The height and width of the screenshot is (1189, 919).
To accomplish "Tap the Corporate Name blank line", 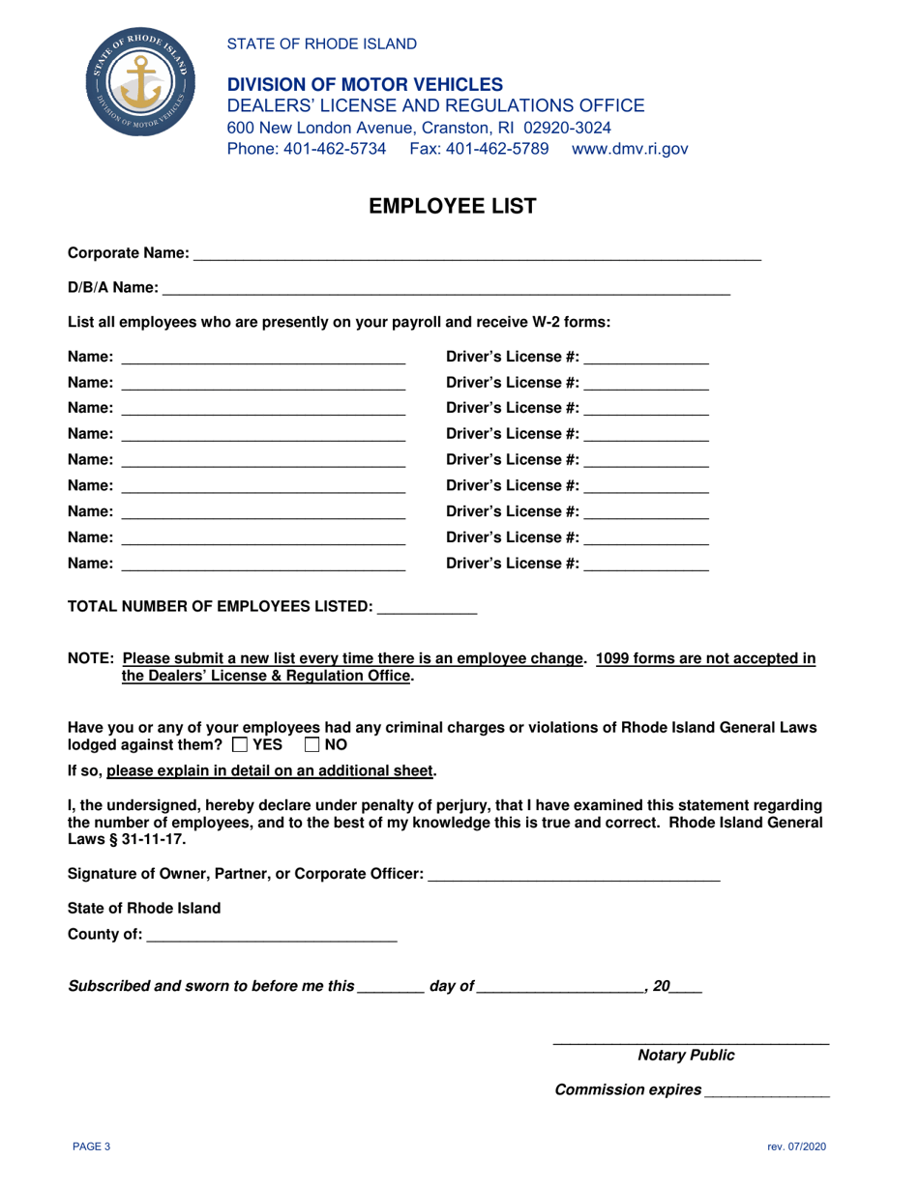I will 477,253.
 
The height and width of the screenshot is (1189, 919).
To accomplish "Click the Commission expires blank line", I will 767,1090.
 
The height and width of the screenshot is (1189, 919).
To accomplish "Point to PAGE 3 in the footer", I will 93,1147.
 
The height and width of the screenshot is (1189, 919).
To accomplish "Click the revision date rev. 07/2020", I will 796,1147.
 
